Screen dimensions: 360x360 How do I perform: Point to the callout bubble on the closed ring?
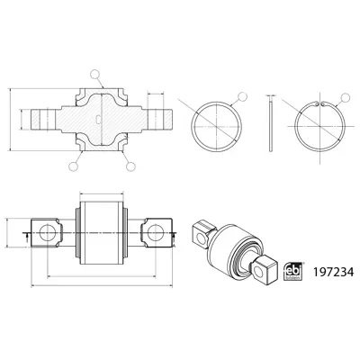(240, 96)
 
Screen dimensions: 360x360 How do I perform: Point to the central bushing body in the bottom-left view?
(100, 231)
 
